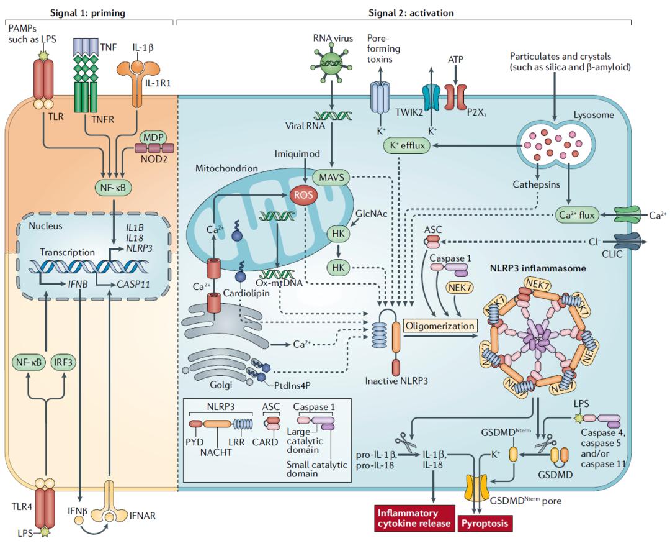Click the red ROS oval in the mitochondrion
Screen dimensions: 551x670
[302, 195]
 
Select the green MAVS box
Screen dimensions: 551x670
[331, 178]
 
